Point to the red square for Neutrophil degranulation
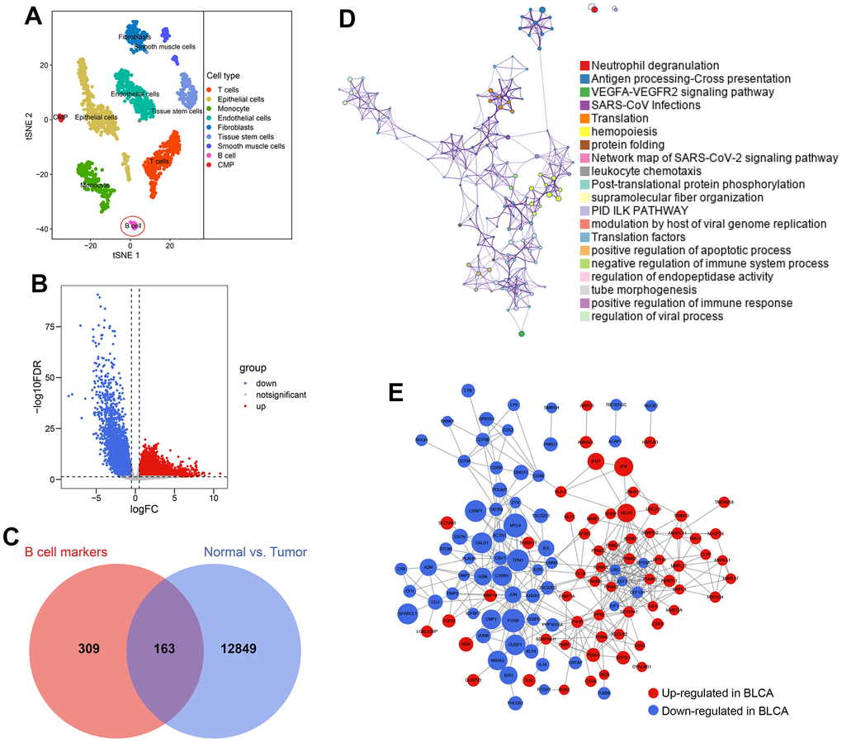[584, 65]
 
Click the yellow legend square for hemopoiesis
[584, 131]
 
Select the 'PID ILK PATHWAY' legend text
[641, 210]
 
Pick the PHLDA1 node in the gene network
[516, 702]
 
